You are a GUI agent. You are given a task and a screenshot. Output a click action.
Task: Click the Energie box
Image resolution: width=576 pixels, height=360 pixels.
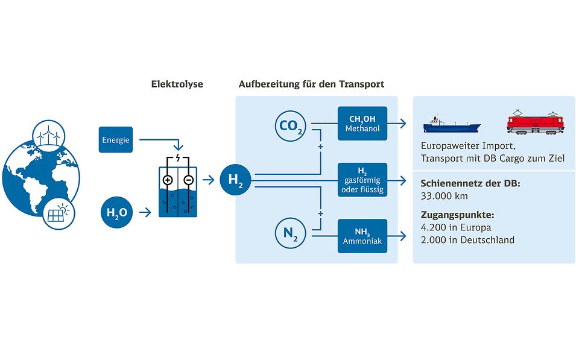116,140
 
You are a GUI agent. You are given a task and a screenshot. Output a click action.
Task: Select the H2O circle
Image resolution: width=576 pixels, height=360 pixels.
116,212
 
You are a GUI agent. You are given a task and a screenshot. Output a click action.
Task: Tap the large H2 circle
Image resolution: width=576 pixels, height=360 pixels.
235,179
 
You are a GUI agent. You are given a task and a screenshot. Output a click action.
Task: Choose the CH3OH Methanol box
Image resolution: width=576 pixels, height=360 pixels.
362,123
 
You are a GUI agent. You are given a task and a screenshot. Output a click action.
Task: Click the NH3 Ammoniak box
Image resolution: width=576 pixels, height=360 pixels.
362,236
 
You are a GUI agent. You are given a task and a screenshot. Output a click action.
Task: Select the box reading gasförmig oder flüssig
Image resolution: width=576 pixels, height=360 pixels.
362,179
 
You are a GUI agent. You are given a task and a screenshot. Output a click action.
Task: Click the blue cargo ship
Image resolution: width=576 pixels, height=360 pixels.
451,124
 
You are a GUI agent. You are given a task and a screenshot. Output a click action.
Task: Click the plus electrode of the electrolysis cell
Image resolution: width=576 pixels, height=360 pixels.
168,180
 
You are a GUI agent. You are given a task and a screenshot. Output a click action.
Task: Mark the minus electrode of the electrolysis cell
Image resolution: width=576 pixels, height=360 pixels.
188,180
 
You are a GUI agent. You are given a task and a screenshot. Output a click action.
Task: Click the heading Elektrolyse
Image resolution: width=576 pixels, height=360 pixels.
177,84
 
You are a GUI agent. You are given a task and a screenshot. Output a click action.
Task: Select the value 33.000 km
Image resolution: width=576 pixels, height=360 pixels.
446,197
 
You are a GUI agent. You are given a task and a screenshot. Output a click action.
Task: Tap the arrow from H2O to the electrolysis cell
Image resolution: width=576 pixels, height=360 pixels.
145,212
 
